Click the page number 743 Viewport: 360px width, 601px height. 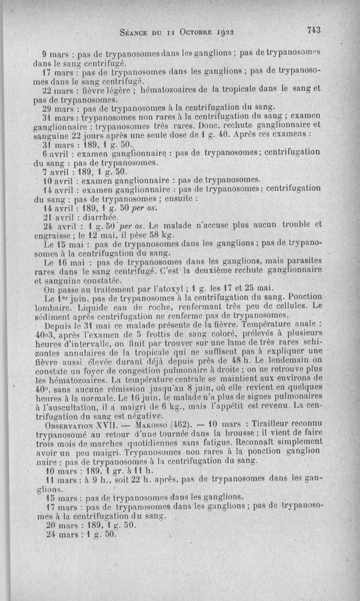coord(313,31)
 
